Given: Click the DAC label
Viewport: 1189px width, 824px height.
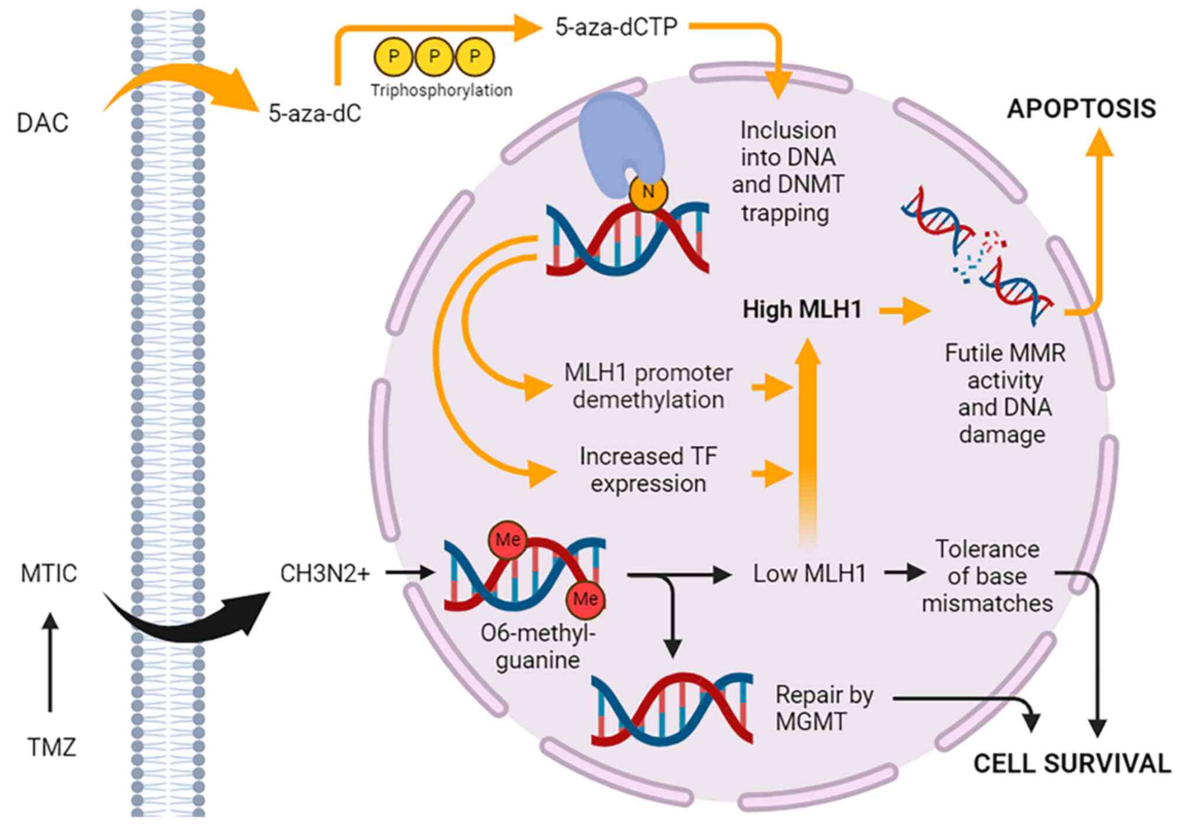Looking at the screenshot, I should (x=43, y=123).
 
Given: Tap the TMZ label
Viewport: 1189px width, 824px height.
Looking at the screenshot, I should (x=51, y=747).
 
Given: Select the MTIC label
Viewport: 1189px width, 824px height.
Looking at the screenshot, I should (x=49, y=573).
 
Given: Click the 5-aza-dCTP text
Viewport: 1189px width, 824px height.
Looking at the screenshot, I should (x=616, y=27).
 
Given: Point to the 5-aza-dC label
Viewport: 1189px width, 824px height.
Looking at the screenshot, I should (x=315, y=113).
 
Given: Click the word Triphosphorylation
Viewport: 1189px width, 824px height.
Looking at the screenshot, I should (x=441, y=90).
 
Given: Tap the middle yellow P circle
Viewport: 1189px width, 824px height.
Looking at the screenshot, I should (x=434, y=57).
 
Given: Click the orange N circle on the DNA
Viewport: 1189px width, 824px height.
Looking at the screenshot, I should (x=648, y=192).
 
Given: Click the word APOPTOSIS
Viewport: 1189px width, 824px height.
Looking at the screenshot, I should (x=1081, y=108).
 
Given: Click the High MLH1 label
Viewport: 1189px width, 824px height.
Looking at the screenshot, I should (x=802, y=309).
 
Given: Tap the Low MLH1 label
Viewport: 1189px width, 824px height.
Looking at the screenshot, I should (x=809, y=573).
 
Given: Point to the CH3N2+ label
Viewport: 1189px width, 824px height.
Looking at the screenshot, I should (x=325, y=573).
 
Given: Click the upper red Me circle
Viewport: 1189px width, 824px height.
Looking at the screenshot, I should (x=507, y=539).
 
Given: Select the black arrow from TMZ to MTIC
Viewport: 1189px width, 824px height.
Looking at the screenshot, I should (x=51, y=662).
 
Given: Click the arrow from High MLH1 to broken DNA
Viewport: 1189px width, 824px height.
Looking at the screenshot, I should (x=905, y=310).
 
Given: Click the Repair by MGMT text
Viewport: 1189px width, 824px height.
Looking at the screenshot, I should (x=824, y=707).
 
